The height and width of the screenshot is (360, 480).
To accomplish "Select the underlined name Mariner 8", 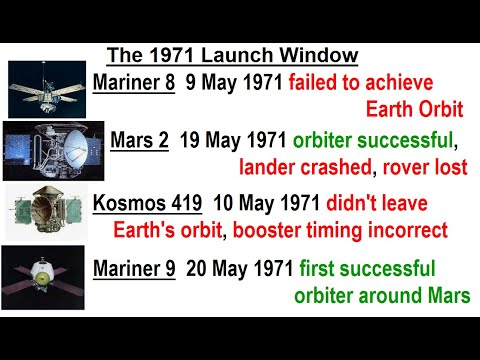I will pyautogui.click(x=129, y=81).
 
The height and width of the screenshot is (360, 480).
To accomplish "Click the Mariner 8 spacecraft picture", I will pyautogui.click(x=47, y=87).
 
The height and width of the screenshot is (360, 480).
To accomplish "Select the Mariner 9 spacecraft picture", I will pyautogui.click(x=45, y=274).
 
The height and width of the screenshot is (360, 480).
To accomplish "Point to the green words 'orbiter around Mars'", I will pyautogui.click(x=381, y=296).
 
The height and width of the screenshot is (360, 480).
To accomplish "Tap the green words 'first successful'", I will pyautogui.click(x=365, y=268).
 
